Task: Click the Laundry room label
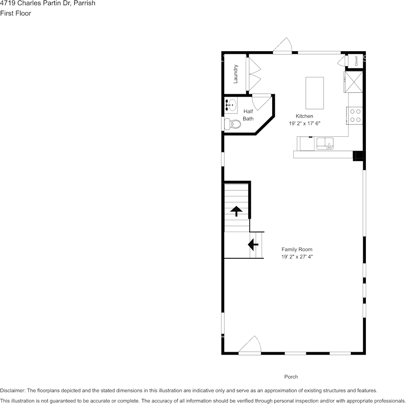[x=235, y=74]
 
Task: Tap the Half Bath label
[x=248, y=115]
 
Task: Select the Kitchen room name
[x=304, y=116]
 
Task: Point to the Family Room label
[x=297, y=249]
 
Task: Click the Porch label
[x=291, y=377]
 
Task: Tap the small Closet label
[x=356, y=61]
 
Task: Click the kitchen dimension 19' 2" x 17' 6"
[x=304, y=123]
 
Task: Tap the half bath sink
[x=231, y=104]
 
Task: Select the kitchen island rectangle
[x=315, y=93]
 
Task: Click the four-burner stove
[x=355, y=115]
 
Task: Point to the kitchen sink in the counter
[x=325, y=143]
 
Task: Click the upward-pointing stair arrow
[x=236, y=211]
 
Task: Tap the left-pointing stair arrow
[x=253, y=245]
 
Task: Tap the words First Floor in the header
[x=15, y=13]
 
